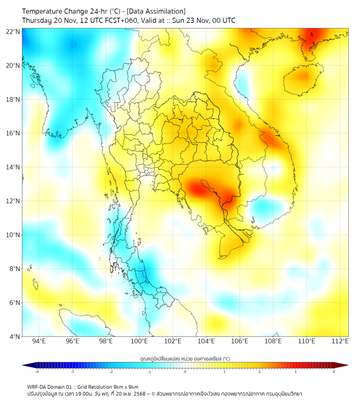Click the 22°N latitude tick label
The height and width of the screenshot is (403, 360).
[x=13, y=31]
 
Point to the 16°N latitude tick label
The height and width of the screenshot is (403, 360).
[x=13, y=133]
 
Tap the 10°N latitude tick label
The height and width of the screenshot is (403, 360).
[x=13, y=235]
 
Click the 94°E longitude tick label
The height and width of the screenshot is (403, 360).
[x=39, y=342]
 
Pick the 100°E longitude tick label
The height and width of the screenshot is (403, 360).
[x=140, y=342]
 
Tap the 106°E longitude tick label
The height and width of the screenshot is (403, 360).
[x=240, y=342]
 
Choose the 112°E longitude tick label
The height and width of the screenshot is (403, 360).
[x=340, y=342]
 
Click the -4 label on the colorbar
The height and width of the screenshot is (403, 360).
[x=36, y=372]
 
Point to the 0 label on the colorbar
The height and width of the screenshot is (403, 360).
[x=185, y=372]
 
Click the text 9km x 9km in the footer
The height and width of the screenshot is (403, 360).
[x=125, y=386]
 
